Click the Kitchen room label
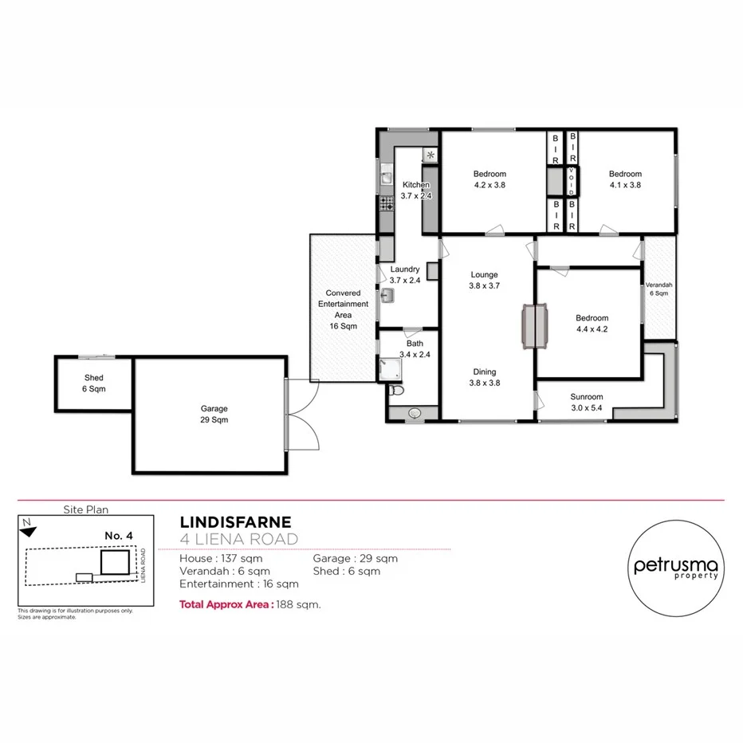click(x=416, y=190)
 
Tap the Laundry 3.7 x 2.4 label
click(x=405, y=275)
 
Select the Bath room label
click(x=415, y=349)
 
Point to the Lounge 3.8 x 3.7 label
click(x=484, y=280)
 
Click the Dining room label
click(x=484, y=376)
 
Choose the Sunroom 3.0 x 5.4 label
click(x=586, y=402)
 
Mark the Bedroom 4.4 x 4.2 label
click(x=592, y=323)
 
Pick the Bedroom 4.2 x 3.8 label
click(x=489, y=179)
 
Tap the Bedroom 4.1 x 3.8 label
click(x=625, y=179)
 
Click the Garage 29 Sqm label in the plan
click(x=214, y=414)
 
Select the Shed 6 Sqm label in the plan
click(x=94, y=383)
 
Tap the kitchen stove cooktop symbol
click(x=387, y=204)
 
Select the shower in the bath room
click(x=391, y=367)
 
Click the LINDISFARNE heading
click(x=236, y=522)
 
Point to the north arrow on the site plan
click(x=27, y=525)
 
